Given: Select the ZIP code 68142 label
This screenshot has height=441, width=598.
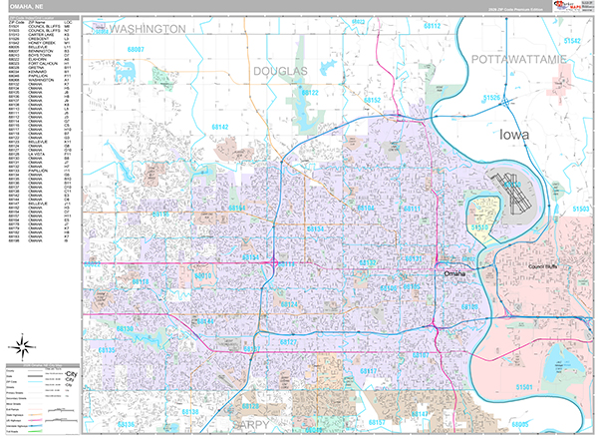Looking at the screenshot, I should [219, 128].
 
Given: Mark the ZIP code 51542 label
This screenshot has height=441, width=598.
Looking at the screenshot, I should [571, 40].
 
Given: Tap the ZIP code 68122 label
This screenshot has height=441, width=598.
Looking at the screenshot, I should [309, 93].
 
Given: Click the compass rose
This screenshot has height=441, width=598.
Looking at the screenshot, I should [19, 347].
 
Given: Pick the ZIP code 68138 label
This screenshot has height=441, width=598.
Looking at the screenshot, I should [189, 411].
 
